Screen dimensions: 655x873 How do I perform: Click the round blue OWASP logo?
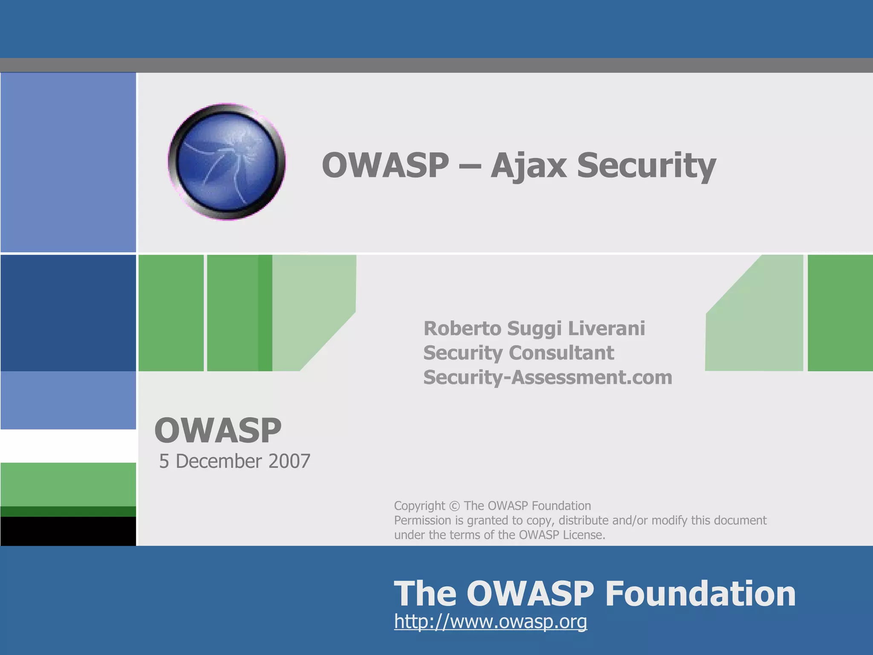point(226,162)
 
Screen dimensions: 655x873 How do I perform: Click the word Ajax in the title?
point(529,165)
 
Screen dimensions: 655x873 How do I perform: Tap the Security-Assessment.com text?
point(547,377)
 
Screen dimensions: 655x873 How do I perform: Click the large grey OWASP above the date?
point(218,430)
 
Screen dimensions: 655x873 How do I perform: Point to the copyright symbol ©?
point(454,506)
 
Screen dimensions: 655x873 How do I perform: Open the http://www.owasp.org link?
point(490,621)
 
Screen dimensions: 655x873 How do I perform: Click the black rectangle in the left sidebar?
point(68,531)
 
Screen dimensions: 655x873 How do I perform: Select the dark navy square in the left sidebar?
point(68,313)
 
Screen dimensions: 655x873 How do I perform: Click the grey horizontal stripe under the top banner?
point(436,65)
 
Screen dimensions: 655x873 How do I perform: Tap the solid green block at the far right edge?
point(840,313)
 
